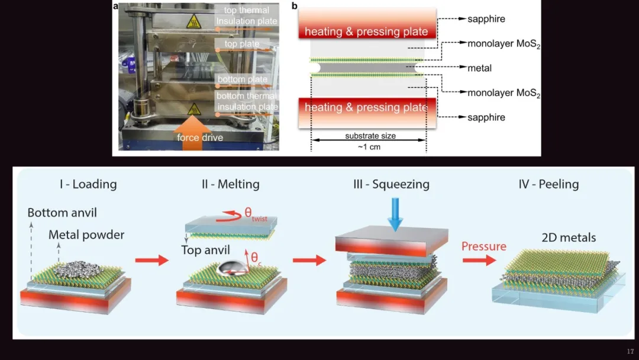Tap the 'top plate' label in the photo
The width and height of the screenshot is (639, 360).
tap(241, 44)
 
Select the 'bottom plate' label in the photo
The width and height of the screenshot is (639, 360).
tap(243, 79)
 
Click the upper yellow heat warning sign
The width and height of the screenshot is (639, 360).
tap(193, 22)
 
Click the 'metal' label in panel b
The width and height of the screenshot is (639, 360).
tap(479, 68)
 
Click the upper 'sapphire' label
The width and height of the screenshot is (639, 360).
tap(486, 19)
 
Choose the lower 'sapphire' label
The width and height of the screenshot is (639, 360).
tap(486, 117)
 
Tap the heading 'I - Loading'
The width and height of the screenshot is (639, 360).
tap(88, 184)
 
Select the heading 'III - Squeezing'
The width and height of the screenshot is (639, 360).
tap(391, 184)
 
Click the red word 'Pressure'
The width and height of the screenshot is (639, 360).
tap(484, 246)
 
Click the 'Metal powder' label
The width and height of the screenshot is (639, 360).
tap(86, 235)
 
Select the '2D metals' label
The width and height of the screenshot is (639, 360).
tap(569, 238)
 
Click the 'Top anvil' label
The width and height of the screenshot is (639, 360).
tap(205, 250)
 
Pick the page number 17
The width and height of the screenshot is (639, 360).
tap(629, 351)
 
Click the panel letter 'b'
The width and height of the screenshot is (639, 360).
tap(295, 6)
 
